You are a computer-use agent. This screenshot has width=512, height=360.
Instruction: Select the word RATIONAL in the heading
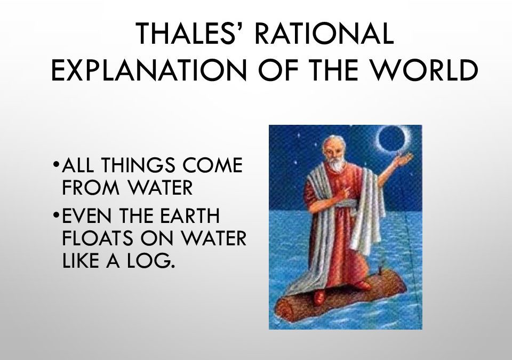(x=325, y=33)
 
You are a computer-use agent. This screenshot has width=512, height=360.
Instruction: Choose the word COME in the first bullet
(x=213, y=165)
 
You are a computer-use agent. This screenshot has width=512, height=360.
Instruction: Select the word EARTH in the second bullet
(x=190, y=215)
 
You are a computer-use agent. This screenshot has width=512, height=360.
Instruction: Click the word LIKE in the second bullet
(x=81, y=260)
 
